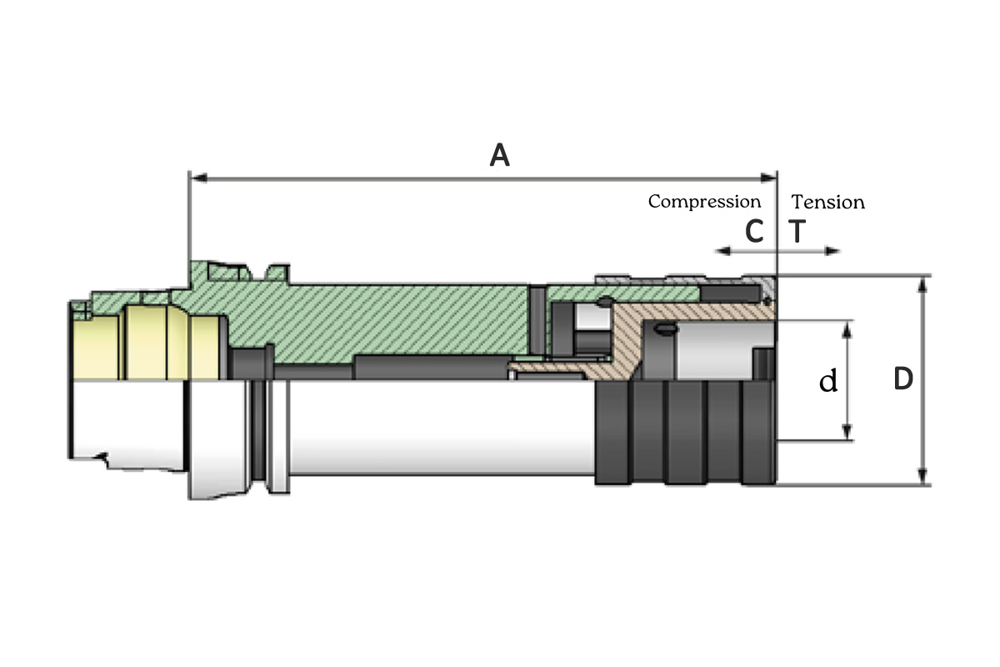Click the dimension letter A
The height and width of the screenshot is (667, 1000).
point(499,155)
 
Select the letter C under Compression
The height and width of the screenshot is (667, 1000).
point(754,232)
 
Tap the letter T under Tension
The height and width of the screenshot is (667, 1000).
point(797,232)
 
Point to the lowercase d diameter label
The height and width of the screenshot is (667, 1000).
point(827,381)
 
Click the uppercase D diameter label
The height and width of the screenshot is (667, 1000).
point(902,379)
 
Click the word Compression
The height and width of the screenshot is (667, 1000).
point(704,202)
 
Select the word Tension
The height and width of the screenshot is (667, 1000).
point(828,202)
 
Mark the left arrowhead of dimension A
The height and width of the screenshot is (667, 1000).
point(196,177)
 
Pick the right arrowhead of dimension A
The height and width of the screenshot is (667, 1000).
point(771,177)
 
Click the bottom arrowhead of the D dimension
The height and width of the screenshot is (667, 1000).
point(922,479)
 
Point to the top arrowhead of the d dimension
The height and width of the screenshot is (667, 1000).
point(847,326)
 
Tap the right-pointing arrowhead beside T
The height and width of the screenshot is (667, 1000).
point(834,250)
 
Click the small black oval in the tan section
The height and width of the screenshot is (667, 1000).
point(664,330)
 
